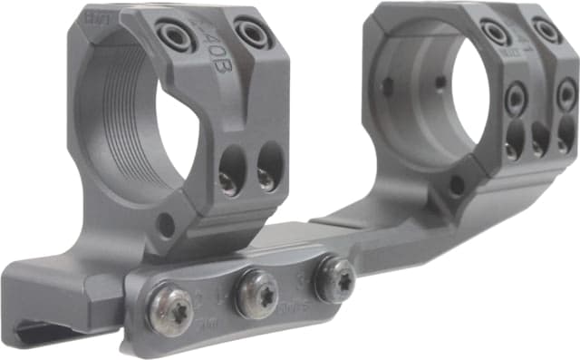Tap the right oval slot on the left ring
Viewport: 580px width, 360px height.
pyautogui.click(x=267, y=167)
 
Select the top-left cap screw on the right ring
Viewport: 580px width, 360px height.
pyautogui.click(x=495, y=34)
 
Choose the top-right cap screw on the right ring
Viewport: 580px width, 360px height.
pyautogui.click(x=546, y=30)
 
